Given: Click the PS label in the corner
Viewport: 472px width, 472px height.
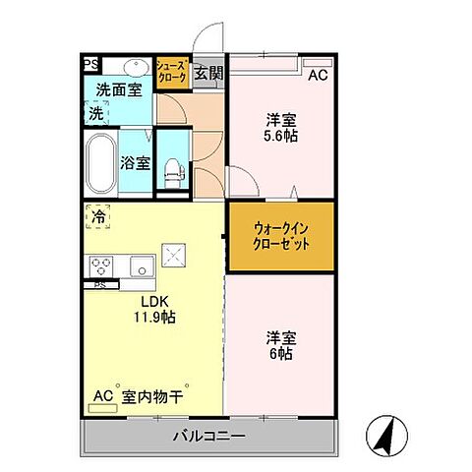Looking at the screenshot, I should click(89, 65).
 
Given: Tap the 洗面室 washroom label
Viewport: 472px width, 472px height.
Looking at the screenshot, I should click(118, 90).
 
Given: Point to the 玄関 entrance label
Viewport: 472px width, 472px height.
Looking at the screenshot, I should click(207, 73).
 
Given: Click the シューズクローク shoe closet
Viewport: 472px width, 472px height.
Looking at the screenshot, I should click(172, 75).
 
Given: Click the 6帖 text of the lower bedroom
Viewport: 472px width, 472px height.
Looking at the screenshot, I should click(281, 353).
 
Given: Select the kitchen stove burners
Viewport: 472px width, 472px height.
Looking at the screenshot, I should click(104, 265).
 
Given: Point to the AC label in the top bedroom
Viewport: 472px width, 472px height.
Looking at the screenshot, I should click(318, 75).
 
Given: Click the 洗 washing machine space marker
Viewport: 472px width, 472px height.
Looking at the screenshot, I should click(95, 113).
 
